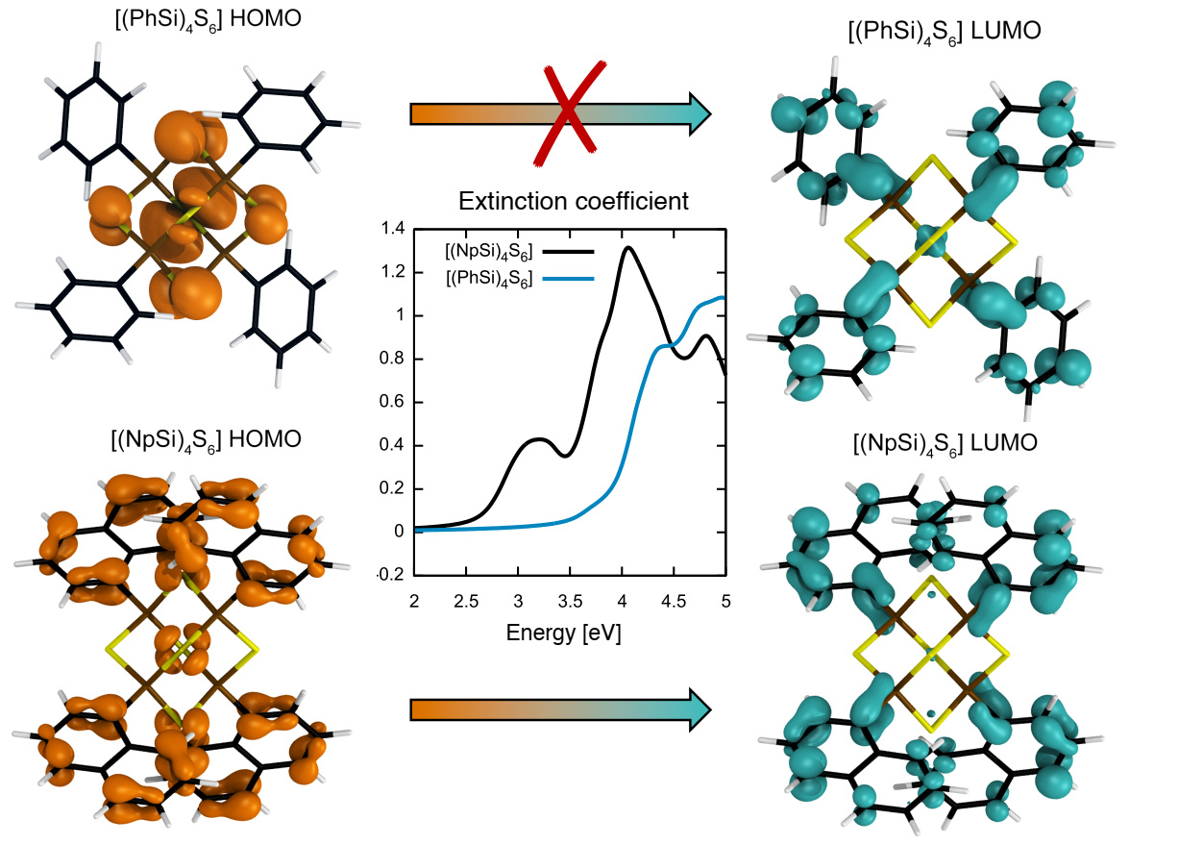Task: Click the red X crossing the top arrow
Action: pyautogui.click(x=569, y=113)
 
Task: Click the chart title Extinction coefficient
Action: pyautogui.click(x=573, y=202)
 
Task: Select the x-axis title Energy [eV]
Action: pyautogui.click(x=563, y=633)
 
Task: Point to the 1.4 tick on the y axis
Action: pyautogui.click(x=393, y=229)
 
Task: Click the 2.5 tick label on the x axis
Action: pyautogui.click(x=466, y=602)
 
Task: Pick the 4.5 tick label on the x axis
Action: pyautogui.click(x=674, y=602)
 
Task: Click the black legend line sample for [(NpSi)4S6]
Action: pyautogui.click(x=568, y=252)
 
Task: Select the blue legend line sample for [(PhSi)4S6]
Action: pyautogui.click(x=568, y=279)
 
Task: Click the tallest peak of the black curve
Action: pyautogui.click(x=627, y=248)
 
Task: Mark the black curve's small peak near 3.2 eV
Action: pyautogui.click(x=539, y=440)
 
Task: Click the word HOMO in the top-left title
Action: pyautogui.click(x=265, y=18)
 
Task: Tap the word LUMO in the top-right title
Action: pyautogui.click(x=1006, y=31)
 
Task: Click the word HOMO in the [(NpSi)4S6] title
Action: pyautogui.click(x=265, y=439)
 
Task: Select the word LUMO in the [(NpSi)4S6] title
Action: pyautogui.click(x=1003, y=443)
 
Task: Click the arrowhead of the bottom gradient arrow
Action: pyautogui.click(x=700, y=710)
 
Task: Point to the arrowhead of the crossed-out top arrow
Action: pyautogui.click(x=700, y=113)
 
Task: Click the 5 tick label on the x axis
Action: pyautogui.click(x=725, y=602)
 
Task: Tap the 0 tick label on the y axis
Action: pyautogui.click(x=399, y=532)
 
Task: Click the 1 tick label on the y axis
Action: pyautogui.click(x=400, y=314)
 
